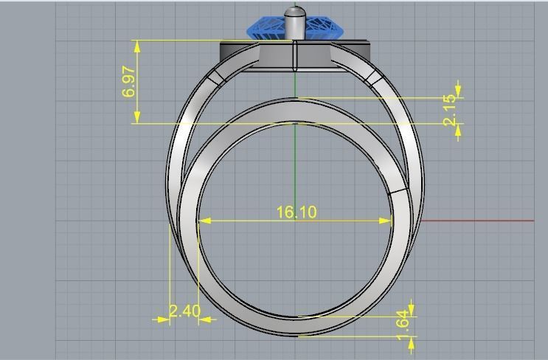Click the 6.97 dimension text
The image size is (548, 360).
pos(129,82)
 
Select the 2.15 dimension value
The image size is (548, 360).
pos(451,111)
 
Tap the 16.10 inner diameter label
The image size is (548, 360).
pos(296,212)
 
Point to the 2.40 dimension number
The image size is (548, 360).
pos(184,311)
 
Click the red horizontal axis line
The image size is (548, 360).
pos(479,221)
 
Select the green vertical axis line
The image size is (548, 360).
pos(295,162)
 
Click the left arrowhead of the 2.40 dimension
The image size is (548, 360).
pos(163,319)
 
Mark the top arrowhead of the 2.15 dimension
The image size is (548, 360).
pos(459,90)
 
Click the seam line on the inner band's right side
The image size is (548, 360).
pos(398,191)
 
